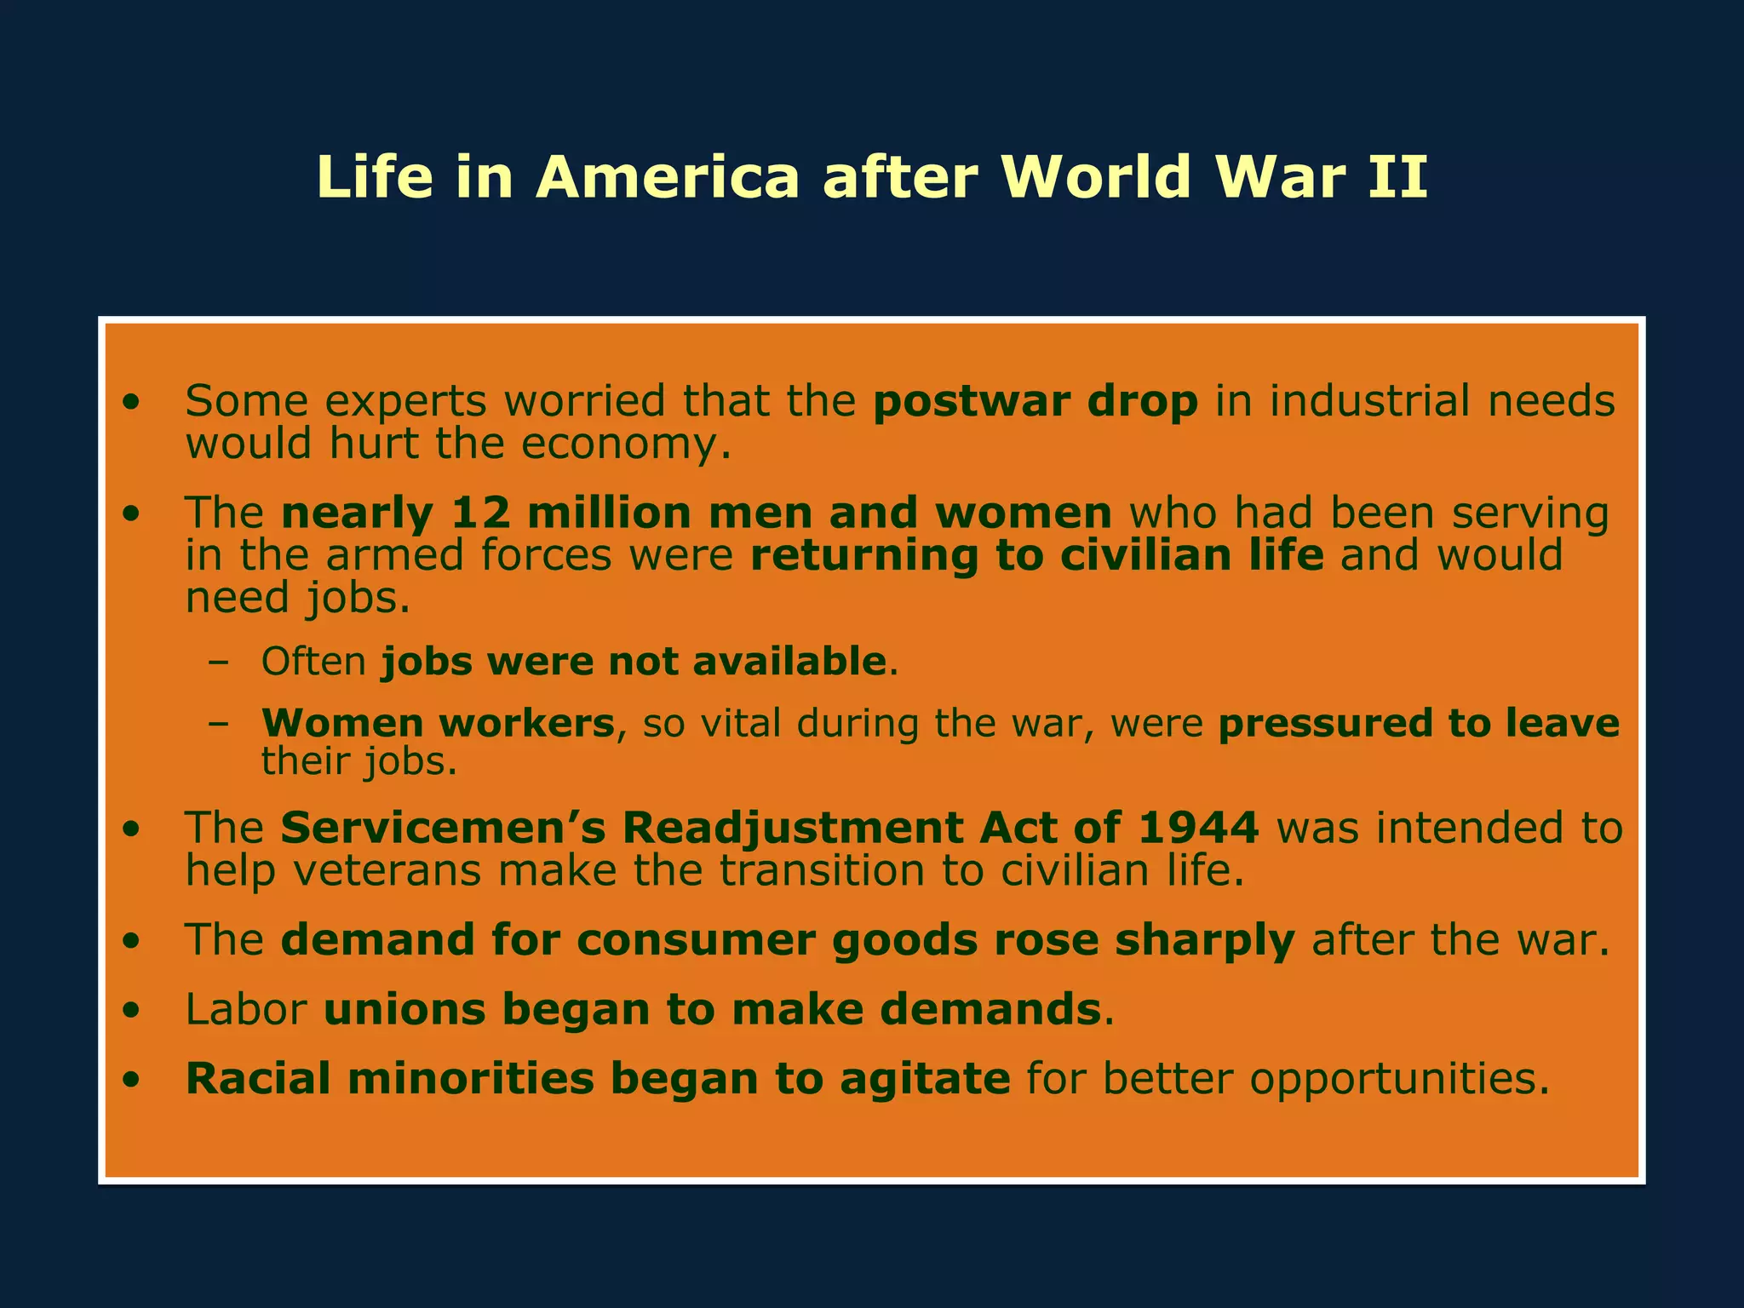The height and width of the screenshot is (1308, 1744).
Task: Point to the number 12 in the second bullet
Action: pos(480,513)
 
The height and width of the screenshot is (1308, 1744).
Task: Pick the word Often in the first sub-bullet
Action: pos(313,661)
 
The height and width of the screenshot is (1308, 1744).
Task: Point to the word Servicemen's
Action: pos(443,828)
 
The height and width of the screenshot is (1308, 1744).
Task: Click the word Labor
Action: pos(246,1009)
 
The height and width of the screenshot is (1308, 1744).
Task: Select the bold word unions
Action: pos(404,1009)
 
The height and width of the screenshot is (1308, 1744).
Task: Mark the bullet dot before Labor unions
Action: pos(130,1011)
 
